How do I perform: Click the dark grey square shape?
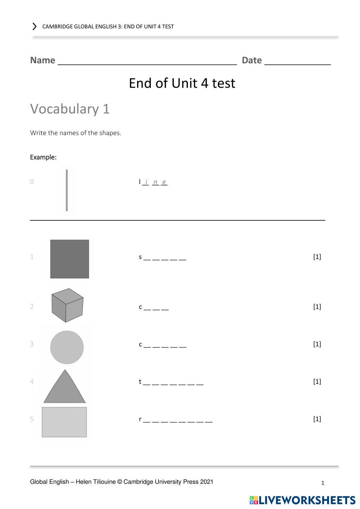[x=69, y=259]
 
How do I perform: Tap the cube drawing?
[x=67, y=305]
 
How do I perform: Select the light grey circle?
[x=67, y=347]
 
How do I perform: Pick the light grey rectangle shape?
[x=64, y=422]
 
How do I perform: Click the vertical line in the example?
[x=67, y=190]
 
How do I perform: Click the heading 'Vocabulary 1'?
[x=70, y=109]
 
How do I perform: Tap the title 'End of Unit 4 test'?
[x=182, y=83]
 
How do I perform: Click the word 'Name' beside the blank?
[x=42, y=60]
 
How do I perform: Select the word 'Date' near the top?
[x=252, y=60]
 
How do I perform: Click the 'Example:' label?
[x=43, y=157]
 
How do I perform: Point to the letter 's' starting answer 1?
[x=140, y=257]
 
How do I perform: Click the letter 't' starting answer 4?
[x=140, y=382]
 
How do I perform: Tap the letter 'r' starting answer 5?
[x=140, y=419]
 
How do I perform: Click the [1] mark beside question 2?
[x=317, y=306]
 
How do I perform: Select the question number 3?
[x=32, y=344]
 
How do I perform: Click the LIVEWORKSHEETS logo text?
[x=307, y=500]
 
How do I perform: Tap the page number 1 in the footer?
[x=323, y=483]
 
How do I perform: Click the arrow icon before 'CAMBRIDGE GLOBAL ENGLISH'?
[x=35, y=26]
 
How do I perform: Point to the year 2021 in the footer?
[x=207, y=482]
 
